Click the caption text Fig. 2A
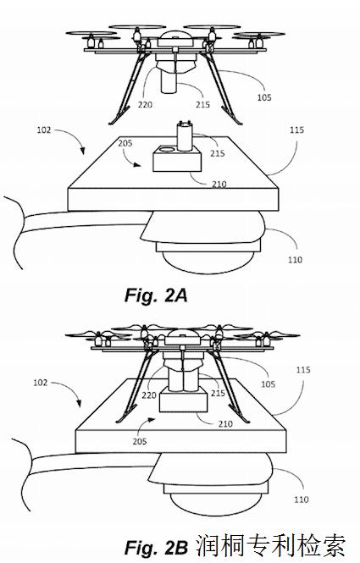[156, 295]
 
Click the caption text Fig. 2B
[156, 547]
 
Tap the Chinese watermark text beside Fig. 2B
[271, 546]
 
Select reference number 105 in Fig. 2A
[264, 97]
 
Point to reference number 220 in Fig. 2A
[145, 104]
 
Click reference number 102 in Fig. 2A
[44, 130]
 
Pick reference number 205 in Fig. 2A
[125, 143]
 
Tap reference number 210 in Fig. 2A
[219, 185]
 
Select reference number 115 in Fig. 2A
[296, 130]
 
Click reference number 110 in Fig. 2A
[295, 259]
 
